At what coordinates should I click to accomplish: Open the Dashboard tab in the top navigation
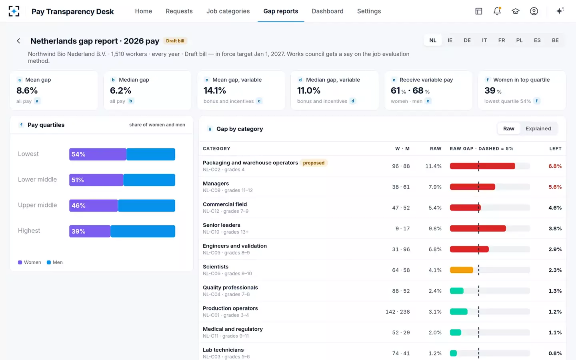tap(327, 11)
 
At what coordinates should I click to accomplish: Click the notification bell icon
tap(497, 11)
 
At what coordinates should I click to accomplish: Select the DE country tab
tap(467, 40)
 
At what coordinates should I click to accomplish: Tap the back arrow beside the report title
tap(18, 41)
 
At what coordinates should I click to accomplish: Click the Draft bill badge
tap(175, 41)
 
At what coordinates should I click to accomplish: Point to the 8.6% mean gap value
tap(27, 90)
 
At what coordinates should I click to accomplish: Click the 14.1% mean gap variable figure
tap(215, 90)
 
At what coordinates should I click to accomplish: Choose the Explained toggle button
tap(538, 128)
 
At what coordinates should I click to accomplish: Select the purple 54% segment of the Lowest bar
tap(98, 154)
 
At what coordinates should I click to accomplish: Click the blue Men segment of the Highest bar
tap(143, 231)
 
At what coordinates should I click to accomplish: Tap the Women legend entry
tap(30, 262)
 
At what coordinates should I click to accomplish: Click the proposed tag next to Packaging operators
tap(314, 163)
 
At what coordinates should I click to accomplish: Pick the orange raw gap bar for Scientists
tap(461, 270)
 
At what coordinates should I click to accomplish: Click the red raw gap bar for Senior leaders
tap(478, 228)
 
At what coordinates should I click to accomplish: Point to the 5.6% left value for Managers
tap(555, 187)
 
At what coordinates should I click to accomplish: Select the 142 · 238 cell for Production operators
tap(398, 312)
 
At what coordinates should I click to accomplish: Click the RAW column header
tap(436, 149)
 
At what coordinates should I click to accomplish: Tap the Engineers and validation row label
tap(234, 246)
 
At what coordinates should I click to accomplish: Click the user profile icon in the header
tap(534, 11)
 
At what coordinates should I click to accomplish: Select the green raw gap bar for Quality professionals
tap(457, 291)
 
